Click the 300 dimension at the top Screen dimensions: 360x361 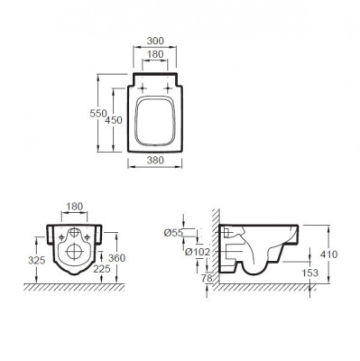(x=155, y=41)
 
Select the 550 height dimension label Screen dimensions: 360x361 (x=98, y=114)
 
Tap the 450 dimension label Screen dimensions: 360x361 (x=114, y=120)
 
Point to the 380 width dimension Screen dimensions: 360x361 (x=155, y=160)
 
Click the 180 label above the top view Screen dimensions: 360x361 (x=155, y=54)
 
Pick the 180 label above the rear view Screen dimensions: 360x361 (x=74, y=207)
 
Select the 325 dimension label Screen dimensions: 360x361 (x=37, y=260)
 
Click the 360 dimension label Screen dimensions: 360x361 (x=116, y=258)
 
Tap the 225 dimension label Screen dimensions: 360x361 (x=102, y=269)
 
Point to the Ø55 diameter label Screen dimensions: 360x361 (x=173, y=233)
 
